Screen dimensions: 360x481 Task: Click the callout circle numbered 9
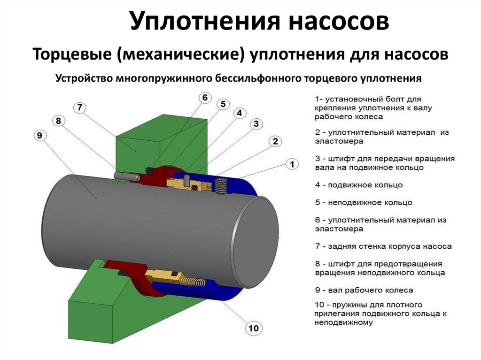pyautogui.click(x=39, y=136)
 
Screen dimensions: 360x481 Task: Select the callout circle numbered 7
pyautogui.click(x=80, y=107)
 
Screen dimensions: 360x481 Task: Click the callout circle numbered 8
pyautogui.click(x=58, y=121)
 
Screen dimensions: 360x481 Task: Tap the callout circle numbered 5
pyautogui.click(x=223, y=103)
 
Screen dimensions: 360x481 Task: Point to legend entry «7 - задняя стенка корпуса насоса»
pyautogui.click(x=383, y=246)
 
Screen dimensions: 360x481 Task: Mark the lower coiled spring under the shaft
pyautogui.click(x=194, y=281)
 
